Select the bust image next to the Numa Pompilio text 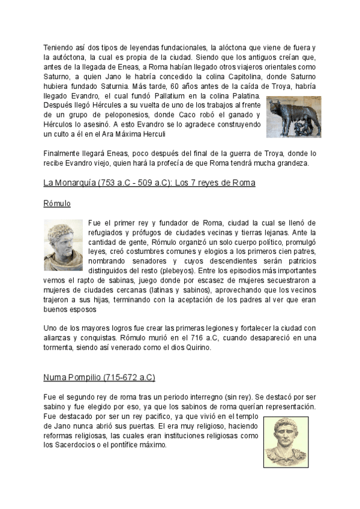(x=286, y=442)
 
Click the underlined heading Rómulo (x=57, y=204)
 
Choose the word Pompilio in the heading (x=85, y=378)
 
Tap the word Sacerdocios (x=77, y=445)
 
